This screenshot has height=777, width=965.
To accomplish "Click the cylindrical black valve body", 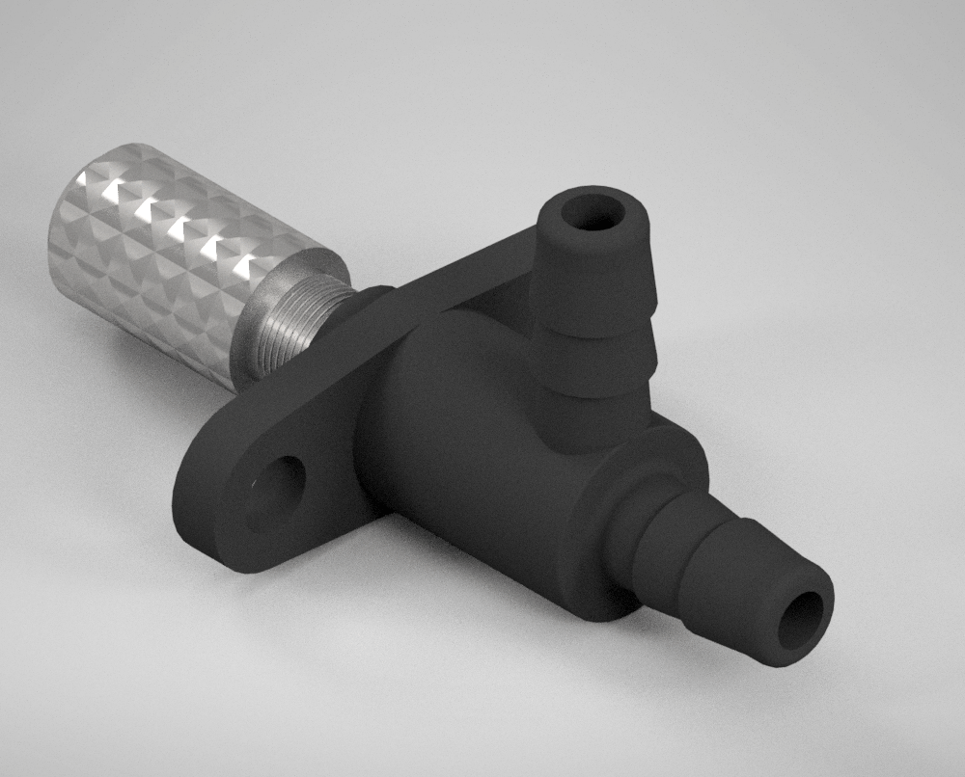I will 463,434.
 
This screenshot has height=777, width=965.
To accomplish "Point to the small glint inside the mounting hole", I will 255,481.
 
